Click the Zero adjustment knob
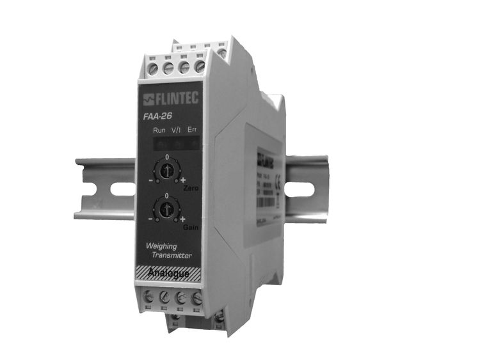167,171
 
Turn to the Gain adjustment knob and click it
167,208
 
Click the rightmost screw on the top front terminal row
200,66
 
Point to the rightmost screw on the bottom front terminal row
197,298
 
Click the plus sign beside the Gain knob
182,219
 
